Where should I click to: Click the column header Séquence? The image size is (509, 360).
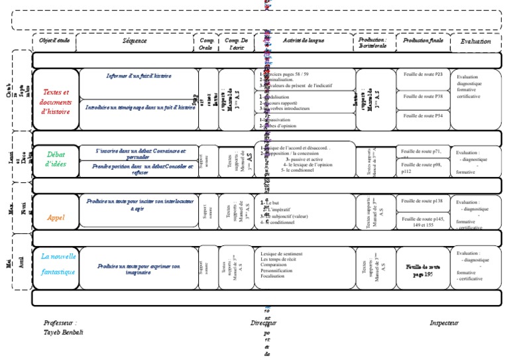click(x=134, y=41)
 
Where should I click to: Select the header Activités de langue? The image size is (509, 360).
click(x=304, y=41)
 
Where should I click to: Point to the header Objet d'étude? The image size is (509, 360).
click(x=54, y=41)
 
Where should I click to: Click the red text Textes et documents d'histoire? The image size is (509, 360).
click(x=56, y=102)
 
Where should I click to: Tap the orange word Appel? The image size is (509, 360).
click(x=56, y=217)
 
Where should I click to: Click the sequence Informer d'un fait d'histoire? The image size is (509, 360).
click(x=139, y=76)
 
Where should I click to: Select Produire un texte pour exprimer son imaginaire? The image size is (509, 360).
click(x=138, y=268)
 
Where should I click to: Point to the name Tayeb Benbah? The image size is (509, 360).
click(x=63, y=331)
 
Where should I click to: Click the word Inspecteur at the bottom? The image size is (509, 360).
click(x=444, y=323)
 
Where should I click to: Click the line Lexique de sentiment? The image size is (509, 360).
click(x=282, y=253)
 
